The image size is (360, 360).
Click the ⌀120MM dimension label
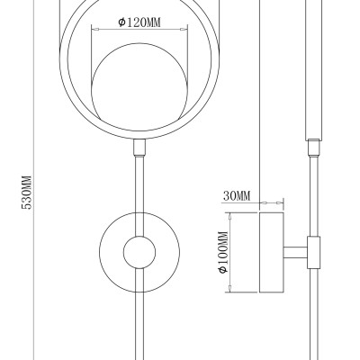point(139,22)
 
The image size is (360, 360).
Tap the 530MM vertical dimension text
point(27,193)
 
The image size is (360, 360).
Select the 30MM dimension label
point(237,196)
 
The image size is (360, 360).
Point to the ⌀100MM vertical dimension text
point(223,252)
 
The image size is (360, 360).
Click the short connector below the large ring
point(139,148)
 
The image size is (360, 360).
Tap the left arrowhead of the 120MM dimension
point(95,30)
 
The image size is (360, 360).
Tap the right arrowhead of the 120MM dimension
point(184,30)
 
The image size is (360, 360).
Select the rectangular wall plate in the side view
point(272,252)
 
